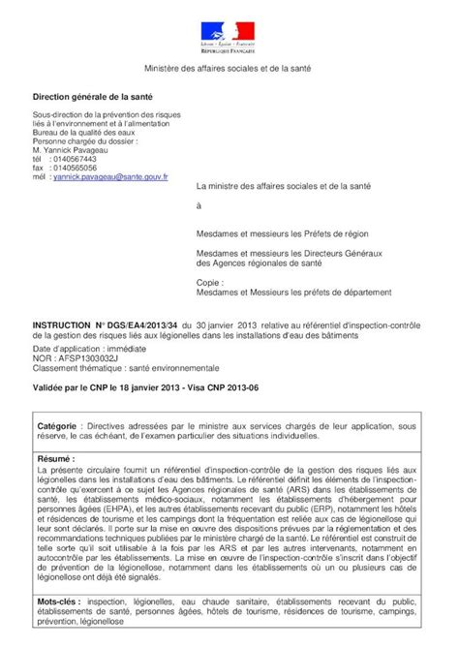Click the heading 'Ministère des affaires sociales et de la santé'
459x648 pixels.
click(x=229, y=69)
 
